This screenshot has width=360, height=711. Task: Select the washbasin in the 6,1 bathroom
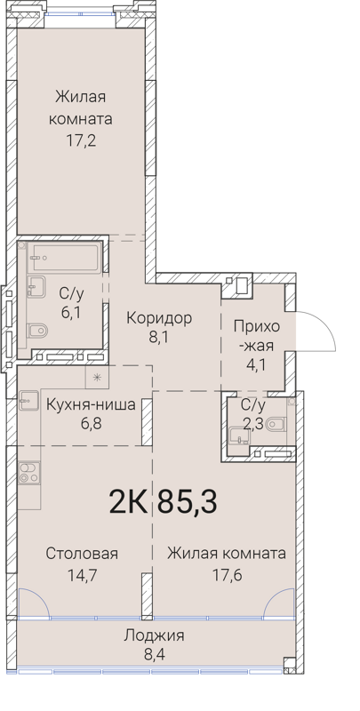tap(36, 286)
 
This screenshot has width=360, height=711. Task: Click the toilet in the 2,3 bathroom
tap(276, 425)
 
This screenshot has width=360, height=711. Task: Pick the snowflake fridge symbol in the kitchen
tap(97, 377)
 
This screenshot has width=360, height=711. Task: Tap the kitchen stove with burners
tap(29, 473)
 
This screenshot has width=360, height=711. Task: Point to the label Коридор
tap(159, 318)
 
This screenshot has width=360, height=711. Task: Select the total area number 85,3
tap(187, 500)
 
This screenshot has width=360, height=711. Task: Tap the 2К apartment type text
tap(128, 500)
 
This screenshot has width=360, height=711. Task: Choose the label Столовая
tap(82, 553)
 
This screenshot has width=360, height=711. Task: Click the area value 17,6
tap(226, 574)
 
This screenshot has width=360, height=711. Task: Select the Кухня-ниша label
tap(91, 405)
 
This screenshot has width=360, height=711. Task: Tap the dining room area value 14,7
tap(82, 574)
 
